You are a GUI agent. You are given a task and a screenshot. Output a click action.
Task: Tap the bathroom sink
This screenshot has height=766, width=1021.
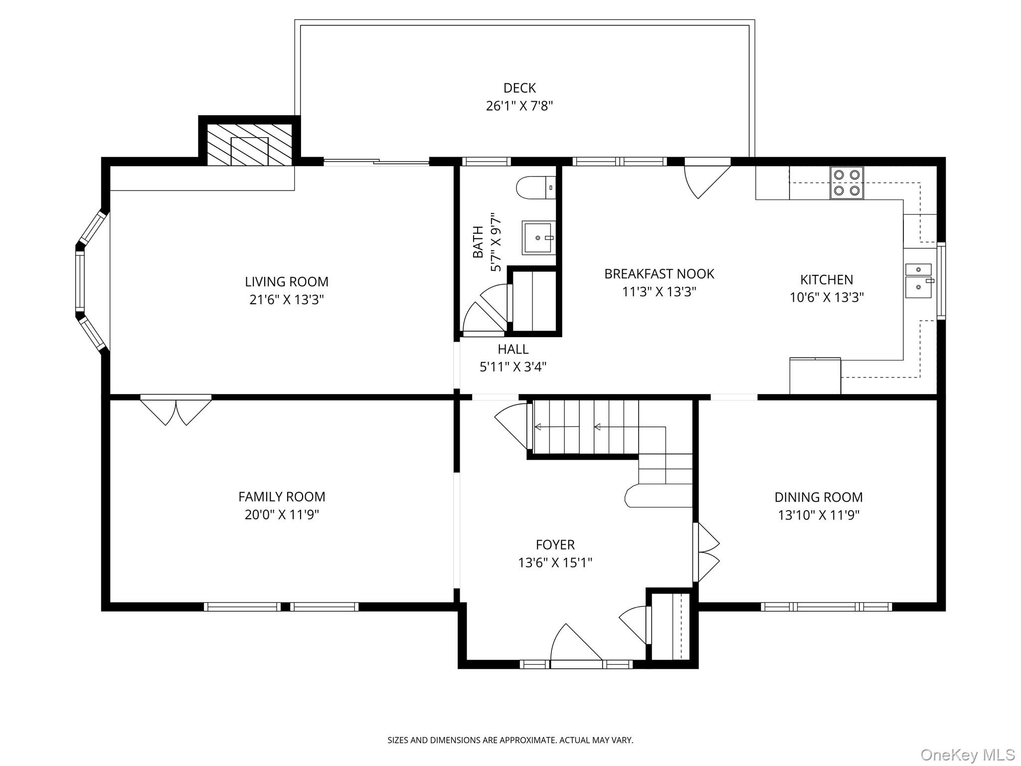point(538,237)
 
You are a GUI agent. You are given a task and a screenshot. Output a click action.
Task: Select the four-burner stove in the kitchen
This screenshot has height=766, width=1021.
point(847,183)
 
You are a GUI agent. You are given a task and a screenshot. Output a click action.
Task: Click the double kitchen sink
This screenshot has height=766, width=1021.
point(918,281)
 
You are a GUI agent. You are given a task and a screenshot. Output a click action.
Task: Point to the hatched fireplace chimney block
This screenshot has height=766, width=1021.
point(249,145)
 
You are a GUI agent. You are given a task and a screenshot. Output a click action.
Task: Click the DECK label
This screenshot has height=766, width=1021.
point(519,88)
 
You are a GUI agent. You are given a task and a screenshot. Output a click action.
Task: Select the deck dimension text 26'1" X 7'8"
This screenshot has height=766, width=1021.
point(519,106)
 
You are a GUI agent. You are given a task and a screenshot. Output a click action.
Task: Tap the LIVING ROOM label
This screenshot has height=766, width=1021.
point(287,282)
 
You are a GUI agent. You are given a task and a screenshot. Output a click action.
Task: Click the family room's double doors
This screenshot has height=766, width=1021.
point(176,411)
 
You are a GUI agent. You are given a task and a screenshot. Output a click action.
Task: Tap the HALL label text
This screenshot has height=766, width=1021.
point(513,349)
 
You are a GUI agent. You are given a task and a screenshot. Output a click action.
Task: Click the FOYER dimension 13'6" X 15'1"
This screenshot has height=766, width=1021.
point(555,563)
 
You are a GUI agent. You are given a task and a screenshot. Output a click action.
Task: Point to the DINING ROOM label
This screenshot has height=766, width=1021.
point(818,497)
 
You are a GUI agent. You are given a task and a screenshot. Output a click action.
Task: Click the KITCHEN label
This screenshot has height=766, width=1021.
point(827,280)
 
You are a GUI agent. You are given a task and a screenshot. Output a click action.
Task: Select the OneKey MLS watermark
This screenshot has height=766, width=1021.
point(967,755)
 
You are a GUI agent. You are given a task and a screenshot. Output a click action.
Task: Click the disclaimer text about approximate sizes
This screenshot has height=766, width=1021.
point(510,740)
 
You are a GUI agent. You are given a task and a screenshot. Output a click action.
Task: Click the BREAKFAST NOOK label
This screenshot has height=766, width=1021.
point(659,274)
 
